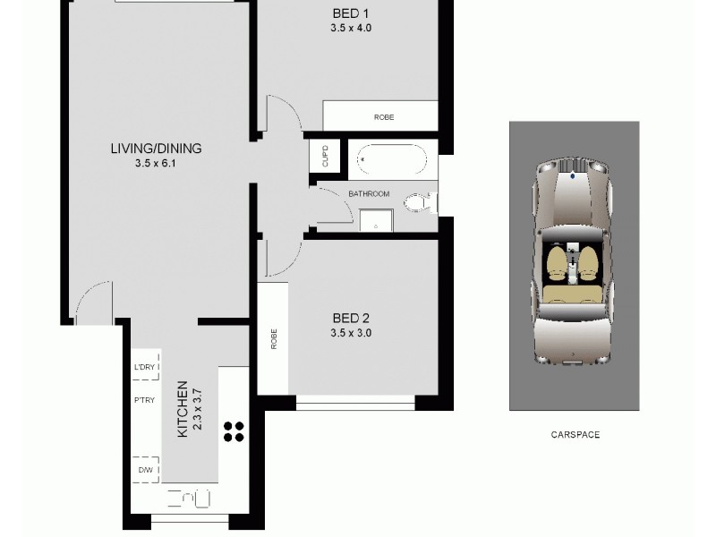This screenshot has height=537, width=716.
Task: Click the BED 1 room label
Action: pos(349,13)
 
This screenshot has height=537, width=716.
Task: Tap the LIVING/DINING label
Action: pos(157,149)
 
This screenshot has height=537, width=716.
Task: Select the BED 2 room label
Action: pos(351,318)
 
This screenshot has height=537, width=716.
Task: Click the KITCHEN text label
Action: pos(182,409)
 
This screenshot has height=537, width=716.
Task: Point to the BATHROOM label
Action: pos(369,194)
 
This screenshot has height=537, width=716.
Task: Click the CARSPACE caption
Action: pos(575,435)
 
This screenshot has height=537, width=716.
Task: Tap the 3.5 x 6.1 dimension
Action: pos(157,164)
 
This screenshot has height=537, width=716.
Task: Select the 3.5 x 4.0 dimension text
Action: pos(349,29)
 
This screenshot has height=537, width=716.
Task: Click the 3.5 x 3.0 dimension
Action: pos(351,333)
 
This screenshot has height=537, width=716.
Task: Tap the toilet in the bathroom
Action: pos(417,205)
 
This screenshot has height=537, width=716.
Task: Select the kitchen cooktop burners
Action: pos(234,431)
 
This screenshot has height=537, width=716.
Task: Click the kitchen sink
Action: pos(190,498)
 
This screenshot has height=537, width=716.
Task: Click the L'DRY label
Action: pos(144,367)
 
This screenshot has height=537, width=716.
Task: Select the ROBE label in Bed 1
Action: pos(384,117)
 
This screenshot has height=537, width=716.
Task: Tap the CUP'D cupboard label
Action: pos(324,156)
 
